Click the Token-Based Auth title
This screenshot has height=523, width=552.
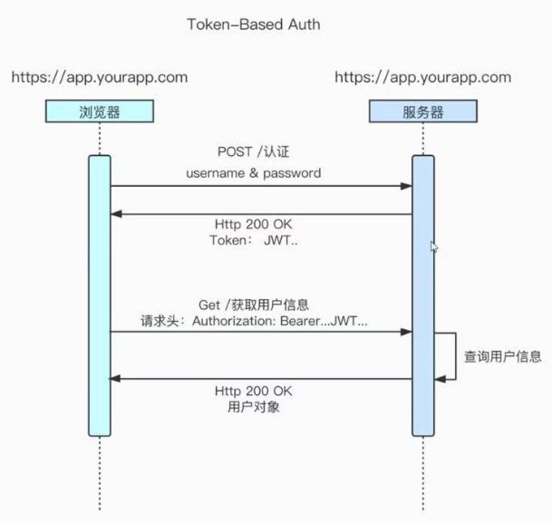(x=253, y=24)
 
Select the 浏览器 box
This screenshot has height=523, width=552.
(x=99, y=113)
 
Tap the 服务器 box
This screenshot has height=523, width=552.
(x=422, y=113)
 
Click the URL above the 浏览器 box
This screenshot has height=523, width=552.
(x=99, y=77)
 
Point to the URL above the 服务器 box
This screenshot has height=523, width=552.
(x=422, y=77)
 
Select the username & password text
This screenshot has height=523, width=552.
(x=254, y=172)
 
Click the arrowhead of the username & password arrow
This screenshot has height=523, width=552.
(x=407, y=187)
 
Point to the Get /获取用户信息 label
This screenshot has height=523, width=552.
(x=259, y=304)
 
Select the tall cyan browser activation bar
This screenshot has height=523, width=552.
(x=99, y=295)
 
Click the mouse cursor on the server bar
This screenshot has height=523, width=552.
(x=433, y=246)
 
